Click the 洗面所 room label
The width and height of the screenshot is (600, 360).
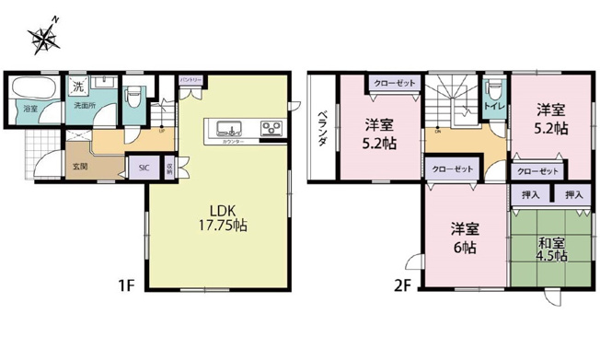pyautogui.click(x=86, y=107)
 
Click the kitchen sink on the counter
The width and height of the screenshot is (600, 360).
pyautogui.click(x=227, y=127)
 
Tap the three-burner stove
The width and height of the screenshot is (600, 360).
pyautogui.click(x=271, y=127)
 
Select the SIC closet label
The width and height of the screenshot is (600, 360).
pyautogui.click(x=143, y=168)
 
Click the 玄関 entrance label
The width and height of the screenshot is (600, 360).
pyautogui.click(x=80, y=166)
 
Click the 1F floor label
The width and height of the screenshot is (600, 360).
pyautogui.click(x=126, y=285)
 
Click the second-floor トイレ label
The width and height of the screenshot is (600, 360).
pyautogui.click(x=495, y=107)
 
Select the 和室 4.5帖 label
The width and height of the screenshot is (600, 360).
pyautogui.click(x=552, y=250)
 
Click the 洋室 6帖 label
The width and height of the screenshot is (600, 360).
pyautogui.click(x=463, y=238)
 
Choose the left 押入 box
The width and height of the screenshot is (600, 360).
pyautogui.click(x=530, y=195)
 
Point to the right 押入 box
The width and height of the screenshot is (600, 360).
pyautogui.click(x=574, y=195)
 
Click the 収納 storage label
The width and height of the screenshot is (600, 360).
pyautogui.click(x=170, y=168)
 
